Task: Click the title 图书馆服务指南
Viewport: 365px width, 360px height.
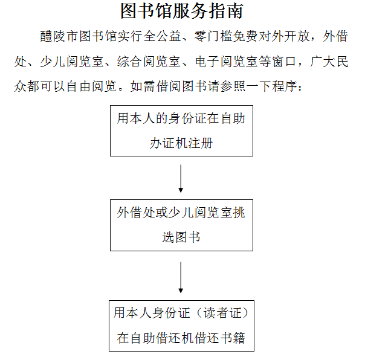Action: [182, 11]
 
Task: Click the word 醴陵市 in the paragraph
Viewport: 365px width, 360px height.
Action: [59, 36]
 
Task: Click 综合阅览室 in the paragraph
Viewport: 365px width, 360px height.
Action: [149, 62]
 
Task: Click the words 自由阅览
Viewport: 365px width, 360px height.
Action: [91, 86]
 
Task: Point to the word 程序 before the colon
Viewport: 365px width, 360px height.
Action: [285, 86]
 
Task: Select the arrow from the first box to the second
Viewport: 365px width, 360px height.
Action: [181, 178]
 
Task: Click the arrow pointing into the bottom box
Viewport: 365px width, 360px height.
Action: [181, 277]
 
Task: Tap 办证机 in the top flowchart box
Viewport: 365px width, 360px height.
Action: [169, 143]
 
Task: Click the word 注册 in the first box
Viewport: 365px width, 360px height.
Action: [201, 143]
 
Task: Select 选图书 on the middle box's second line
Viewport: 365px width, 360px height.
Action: [181, 237]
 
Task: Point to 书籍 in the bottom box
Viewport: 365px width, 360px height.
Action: [232, 338]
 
